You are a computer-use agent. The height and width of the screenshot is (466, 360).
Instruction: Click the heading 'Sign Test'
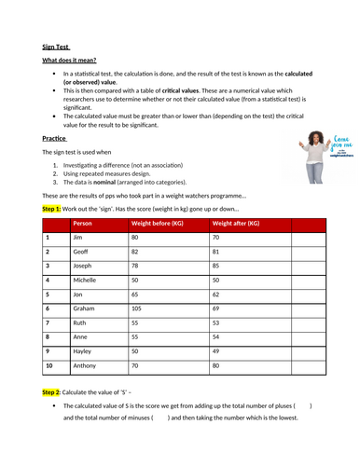pyautogui.click(x=57, y=46)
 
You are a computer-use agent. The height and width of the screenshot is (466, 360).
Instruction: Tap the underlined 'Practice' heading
pyautogui.click(x=55, y=138)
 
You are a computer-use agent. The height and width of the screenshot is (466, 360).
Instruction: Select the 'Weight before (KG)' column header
pyautogui.click(x=157, y=224)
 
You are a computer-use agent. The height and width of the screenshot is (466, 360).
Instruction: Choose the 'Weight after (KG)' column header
pyautogui.click(x=236, y=224)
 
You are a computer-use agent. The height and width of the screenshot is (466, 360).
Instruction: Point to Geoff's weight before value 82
pyautogui.click(x=136, y=252)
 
